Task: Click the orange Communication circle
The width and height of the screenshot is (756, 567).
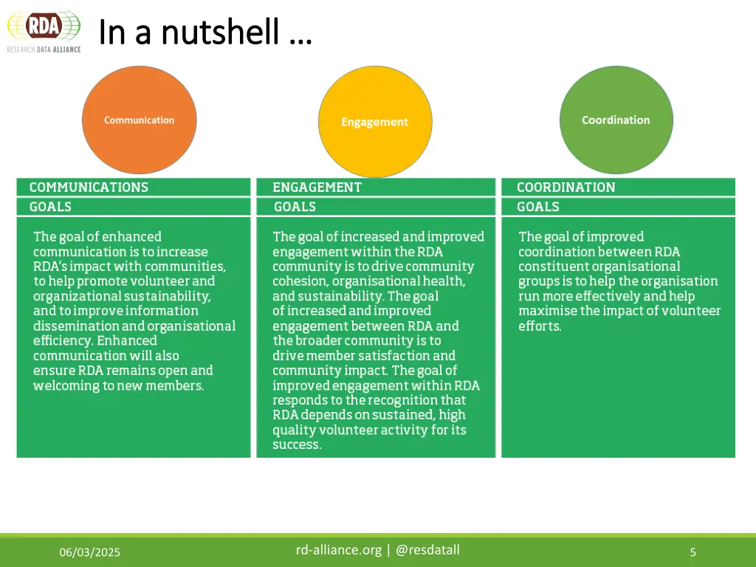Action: click(x=139, y=120)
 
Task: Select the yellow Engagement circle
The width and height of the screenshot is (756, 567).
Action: click(x=374, y=122)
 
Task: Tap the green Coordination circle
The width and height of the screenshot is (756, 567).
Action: click(x=616, y=120)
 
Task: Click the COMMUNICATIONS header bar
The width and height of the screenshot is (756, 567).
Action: click(x=134, y=188)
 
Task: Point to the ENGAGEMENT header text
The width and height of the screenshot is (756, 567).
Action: click(x=317, y=188)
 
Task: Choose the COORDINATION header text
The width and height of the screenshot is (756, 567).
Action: click(x=566, y=188)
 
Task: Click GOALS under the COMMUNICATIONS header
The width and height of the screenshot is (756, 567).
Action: click(x=50, y=207)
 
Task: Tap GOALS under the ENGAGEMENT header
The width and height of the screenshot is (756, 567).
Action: click(x=295, y=207)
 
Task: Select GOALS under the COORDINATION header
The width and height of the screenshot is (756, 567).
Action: click(x=538, y=207)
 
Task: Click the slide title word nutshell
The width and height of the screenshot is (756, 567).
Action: click(x=221, y=32)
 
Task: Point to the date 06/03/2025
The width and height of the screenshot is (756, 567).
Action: click(x=90, y=552)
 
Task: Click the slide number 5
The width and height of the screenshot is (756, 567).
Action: click(x=693, y=552)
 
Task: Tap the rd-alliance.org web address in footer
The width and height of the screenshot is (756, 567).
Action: click(x=339, y=549)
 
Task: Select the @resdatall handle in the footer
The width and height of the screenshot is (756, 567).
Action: click(x=427, y=549)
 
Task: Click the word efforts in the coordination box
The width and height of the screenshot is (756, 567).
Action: click(x=539, y=326)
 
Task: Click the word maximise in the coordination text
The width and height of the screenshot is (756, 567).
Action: click(x=547, y=311)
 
